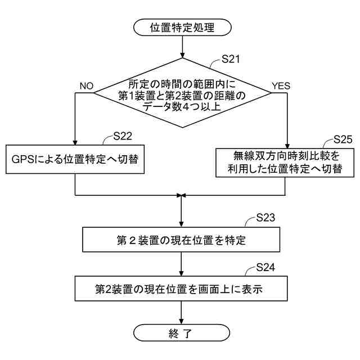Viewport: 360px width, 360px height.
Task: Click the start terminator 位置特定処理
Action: [182, 27]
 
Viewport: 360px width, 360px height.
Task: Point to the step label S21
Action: [231, 59]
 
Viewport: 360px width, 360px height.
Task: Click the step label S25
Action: [343, 139]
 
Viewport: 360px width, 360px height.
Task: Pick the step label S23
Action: [265, 217]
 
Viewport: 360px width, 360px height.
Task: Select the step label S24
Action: [265, 267]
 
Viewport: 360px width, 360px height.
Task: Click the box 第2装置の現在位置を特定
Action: [181, 240]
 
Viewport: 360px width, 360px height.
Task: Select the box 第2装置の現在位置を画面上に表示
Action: [181, 290]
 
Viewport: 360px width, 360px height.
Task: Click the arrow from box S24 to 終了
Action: [181, 313]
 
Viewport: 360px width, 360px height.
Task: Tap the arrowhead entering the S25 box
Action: [287, 145]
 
